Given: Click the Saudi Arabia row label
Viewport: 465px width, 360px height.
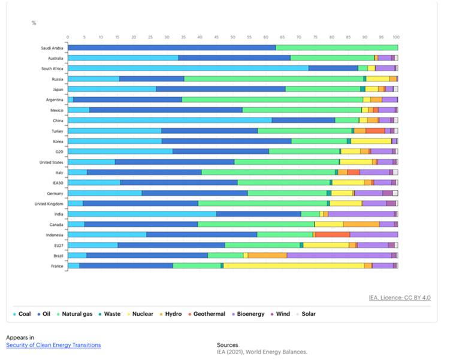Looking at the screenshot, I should [52, 48].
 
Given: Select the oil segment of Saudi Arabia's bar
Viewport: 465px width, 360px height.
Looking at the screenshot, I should [172, 48].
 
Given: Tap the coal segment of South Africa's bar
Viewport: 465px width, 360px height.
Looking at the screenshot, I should [188, 68].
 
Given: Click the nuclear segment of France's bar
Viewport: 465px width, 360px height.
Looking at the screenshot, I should [294, 265].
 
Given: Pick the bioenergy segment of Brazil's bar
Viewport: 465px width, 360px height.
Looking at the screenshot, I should [339, 255].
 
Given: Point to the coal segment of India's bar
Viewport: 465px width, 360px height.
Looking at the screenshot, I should [142, 214].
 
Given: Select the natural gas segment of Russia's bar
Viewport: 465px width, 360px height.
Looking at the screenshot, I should [274, 78].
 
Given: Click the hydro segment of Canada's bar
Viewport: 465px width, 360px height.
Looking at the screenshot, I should [361, 224].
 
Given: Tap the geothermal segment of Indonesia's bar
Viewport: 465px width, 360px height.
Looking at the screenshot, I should [333, 234].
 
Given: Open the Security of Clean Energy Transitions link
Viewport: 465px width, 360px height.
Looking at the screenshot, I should [53, 345].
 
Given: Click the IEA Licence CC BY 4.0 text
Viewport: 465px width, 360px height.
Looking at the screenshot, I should [400, 298].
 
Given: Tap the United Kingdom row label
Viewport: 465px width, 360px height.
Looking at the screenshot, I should [50, 204].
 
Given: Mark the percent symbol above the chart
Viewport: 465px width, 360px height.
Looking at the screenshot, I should [34, 23].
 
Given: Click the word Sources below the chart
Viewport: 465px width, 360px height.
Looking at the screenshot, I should [227, 345].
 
